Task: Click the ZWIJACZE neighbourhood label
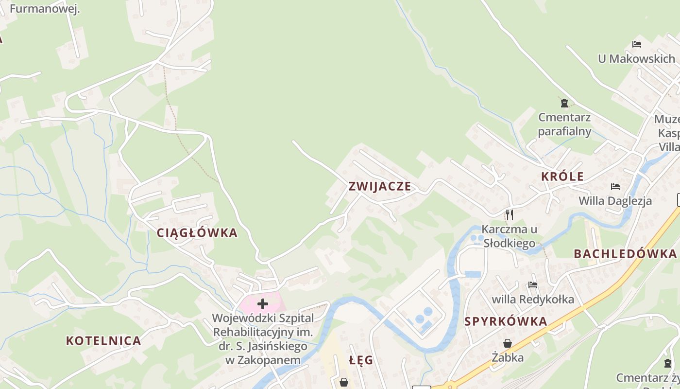(380, 187)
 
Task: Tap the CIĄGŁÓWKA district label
(197, 233)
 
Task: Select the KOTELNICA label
(103, 341)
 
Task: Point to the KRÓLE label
(563, 177)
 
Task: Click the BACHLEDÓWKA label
(625, 254)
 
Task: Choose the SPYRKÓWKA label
(506, 321)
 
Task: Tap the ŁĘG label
(361, 360)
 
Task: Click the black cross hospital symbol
(263, 304)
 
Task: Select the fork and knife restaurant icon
(509, 214)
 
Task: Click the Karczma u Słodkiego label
(509, 236)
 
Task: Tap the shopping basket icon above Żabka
(508, 344)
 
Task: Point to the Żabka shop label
(508, 358)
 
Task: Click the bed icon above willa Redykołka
(533, 285)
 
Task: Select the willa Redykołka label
(533, 299)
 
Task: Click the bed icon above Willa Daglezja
(615, 187)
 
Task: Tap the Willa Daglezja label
(615, 201)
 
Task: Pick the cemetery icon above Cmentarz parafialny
(564, 103)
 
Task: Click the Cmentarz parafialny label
(564, 124)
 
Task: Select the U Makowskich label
(636, 59)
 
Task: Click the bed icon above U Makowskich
(637, 44)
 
